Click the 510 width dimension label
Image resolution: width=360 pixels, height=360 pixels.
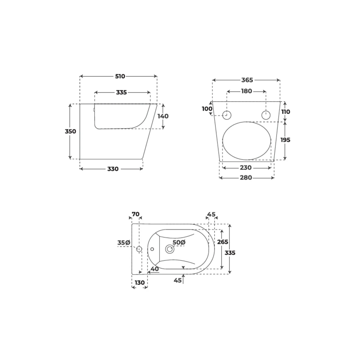click(120, 76)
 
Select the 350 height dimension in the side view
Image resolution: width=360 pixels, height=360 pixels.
click(70, 131)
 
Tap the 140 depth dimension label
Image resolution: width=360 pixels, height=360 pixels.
click(163, 116)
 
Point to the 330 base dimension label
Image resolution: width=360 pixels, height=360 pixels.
click(113, 169)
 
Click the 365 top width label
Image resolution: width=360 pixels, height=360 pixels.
click(247, 80)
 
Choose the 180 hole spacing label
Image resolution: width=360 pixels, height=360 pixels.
click(247, 91)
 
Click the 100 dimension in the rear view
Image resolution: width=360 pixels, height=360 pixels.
click(207, 109)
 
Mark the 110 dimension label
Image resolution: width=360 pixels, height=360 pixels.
click(286, 112)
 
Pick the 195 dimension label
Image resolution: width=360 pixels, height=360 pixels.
click(285, 140)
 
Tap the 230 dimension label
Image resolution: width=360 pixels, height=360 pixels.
click(246, 168)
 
